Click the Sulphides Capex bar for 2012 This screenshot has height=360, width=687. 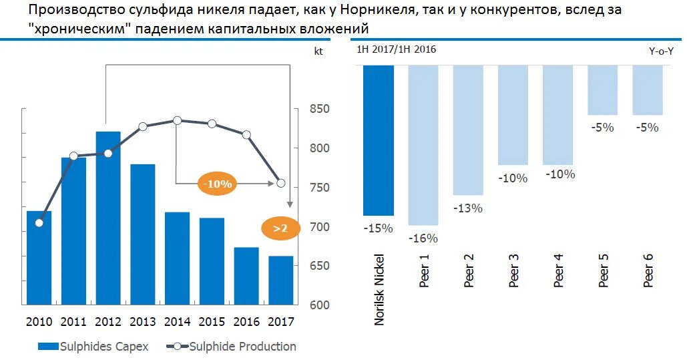[x=108, y=217]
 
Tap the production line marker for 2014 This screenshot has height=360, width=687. [x=177, y=120]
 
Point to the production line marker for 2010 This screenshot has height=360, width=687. [x=39, y=222]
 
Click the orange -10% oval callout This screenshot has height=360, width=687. [x=218, y=184]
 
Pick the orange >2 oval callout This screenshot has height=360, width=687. [x=279, y=228]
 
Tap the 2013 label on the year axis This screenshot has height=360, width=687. [x=142, y=322]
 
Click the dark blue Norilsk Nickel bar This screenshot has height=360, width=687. [x=379, y=140]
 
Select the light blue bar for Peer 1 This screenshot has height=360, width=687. [x=423, y=145]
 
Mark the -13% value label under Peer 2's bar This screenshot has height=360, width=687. [x=468, y=208]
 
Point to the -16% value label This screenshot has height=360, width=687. [x=423, y=238]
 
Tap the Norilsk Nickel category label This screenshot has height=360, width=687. [x=379, y=289]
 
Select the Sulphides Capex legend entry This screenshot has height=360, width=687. [x=93, y=346]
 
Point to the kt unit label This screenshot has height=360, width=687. [x=318, y=51]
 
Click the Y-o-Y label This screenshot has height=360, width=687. [x=660, y=51]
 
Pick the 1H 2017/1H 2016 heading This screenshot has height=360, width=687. [x=396, y=49]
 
